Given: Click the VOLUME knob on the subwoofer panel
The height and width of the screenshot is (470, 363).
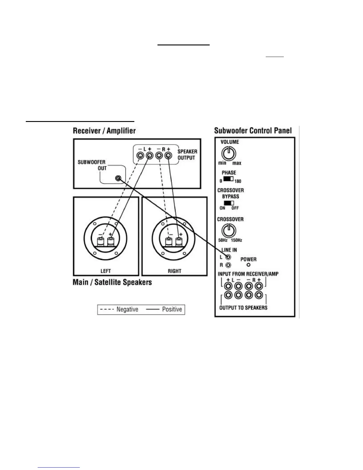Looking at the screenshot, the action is point(228,154).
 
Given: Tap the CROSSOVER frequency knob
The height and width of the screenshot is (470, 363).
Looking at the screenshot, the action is point(229,231).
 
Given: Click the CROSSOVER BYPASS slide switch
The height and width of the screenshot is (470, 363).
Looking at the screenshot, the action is point(229,203).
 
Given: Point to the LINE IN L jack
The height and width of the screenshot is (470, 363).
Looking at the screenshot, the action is point(228,257).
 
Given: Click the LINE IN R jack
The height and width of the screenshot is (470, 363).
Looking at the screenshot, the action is point(228,265).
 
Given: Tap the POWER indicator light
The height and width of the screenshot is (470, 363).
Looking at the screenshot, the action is point(249,265).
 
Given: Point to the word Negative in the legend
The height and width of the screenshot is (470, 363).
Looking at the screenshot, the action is point(127,309).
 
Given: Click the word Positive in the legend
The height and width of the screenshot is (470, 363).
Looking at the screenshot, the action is point(172,309).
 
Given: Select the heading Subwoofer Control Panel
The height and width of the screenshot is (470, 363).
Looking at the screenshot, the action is point(253,131).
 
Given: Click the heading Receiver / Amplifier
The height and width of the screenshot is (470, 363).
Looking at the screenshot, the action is point(104,131).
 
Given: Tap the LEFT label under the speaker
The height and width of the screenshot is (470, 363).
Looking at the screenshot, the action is point(106,271).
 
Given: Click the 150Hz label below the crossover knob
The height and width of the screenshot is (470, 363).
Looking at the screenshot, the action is point(236,240).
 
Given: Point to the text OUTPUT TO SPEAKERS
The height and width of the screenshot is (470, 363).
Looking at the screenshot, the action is point(243,308).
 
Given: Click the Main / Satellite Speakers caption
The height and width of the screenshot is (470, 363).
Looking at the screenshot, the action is point(112,282).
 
